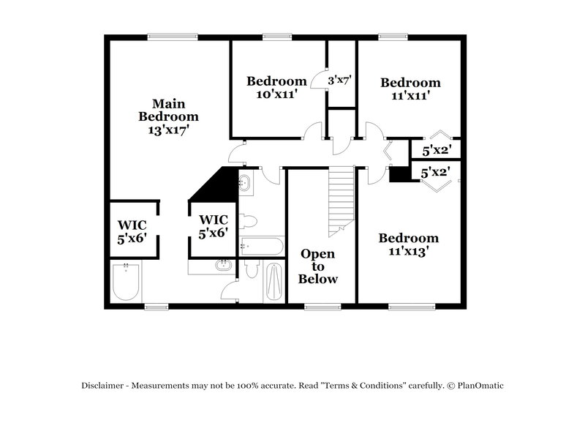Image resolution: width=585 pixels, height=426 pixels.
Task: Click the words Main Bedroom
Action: [168, 110]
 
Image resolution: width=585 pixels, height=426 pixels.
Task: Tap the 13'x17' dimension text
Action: [168, 130]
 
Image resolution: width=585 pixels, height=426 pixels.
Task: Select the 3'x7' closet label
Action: [341, 81]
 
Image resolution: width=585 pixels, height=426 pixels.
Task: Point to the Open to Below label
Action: [318, 266]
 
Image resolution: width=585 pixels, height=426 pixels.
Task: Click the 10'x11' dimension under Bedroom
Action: [276, 93]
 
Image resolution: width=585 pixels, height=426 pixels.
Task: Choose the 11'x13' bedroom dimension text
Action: [408, 250]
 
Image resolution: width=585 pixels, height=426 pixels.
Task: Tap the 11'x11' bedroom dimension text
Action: [410, 95]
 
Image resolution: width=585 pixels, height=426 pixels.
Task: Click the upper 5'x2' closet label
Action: [437, 151]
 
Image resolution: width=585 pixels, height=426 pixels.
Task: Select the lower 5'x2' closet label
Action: [437, 173]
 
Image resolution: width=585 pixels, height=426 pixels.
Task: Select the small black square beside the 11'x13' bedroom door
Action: [399, 174]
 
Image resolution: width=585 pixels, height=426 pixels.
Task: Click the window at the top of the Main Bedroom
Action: [172, 35]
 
